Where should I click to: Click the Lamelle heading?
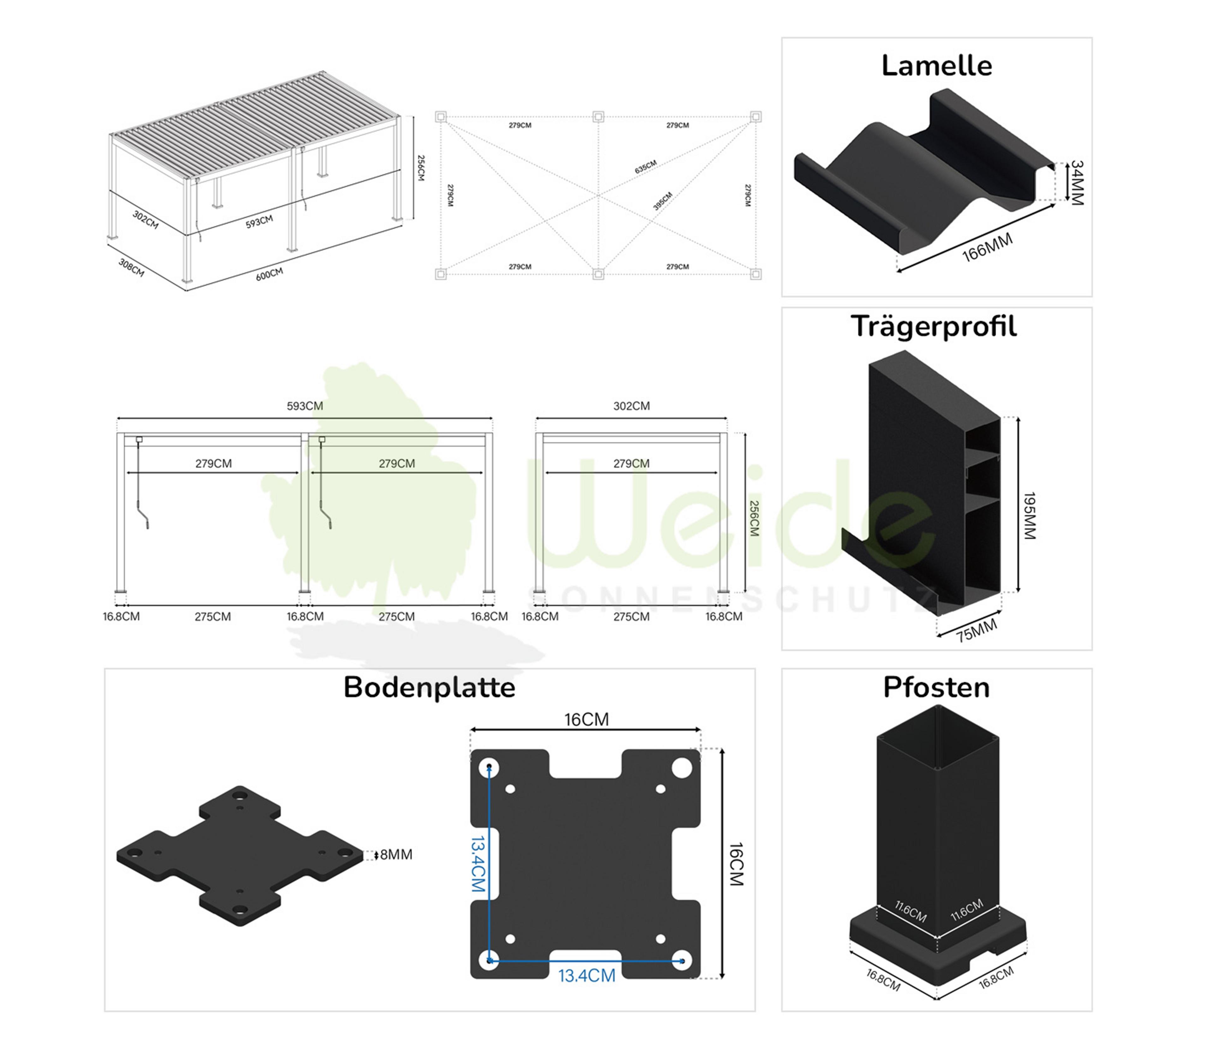pos(936,66)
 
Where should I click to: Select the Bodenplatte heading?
pos(429,687)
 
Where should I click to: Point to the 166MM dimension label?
pos(987,248)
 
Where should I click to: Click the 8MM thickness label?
pos(396,855)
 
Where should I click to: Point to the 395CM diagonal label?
pos(663,201)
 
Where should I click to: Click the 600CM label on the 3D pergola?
pos(269,274)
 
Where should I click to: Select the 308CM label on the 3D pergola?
pos(131,267)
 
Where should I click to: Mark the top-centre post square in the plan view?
pos(598,117)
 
